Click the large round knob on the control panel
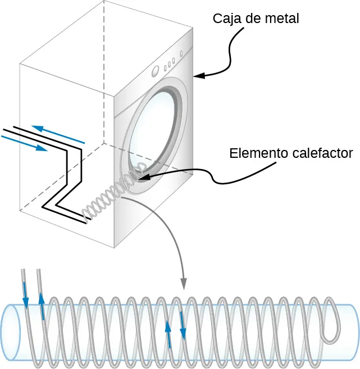pyautogui.click(x=156, y=71)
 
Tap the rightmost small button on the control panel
pyautogui.click(x=181, y=54)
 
